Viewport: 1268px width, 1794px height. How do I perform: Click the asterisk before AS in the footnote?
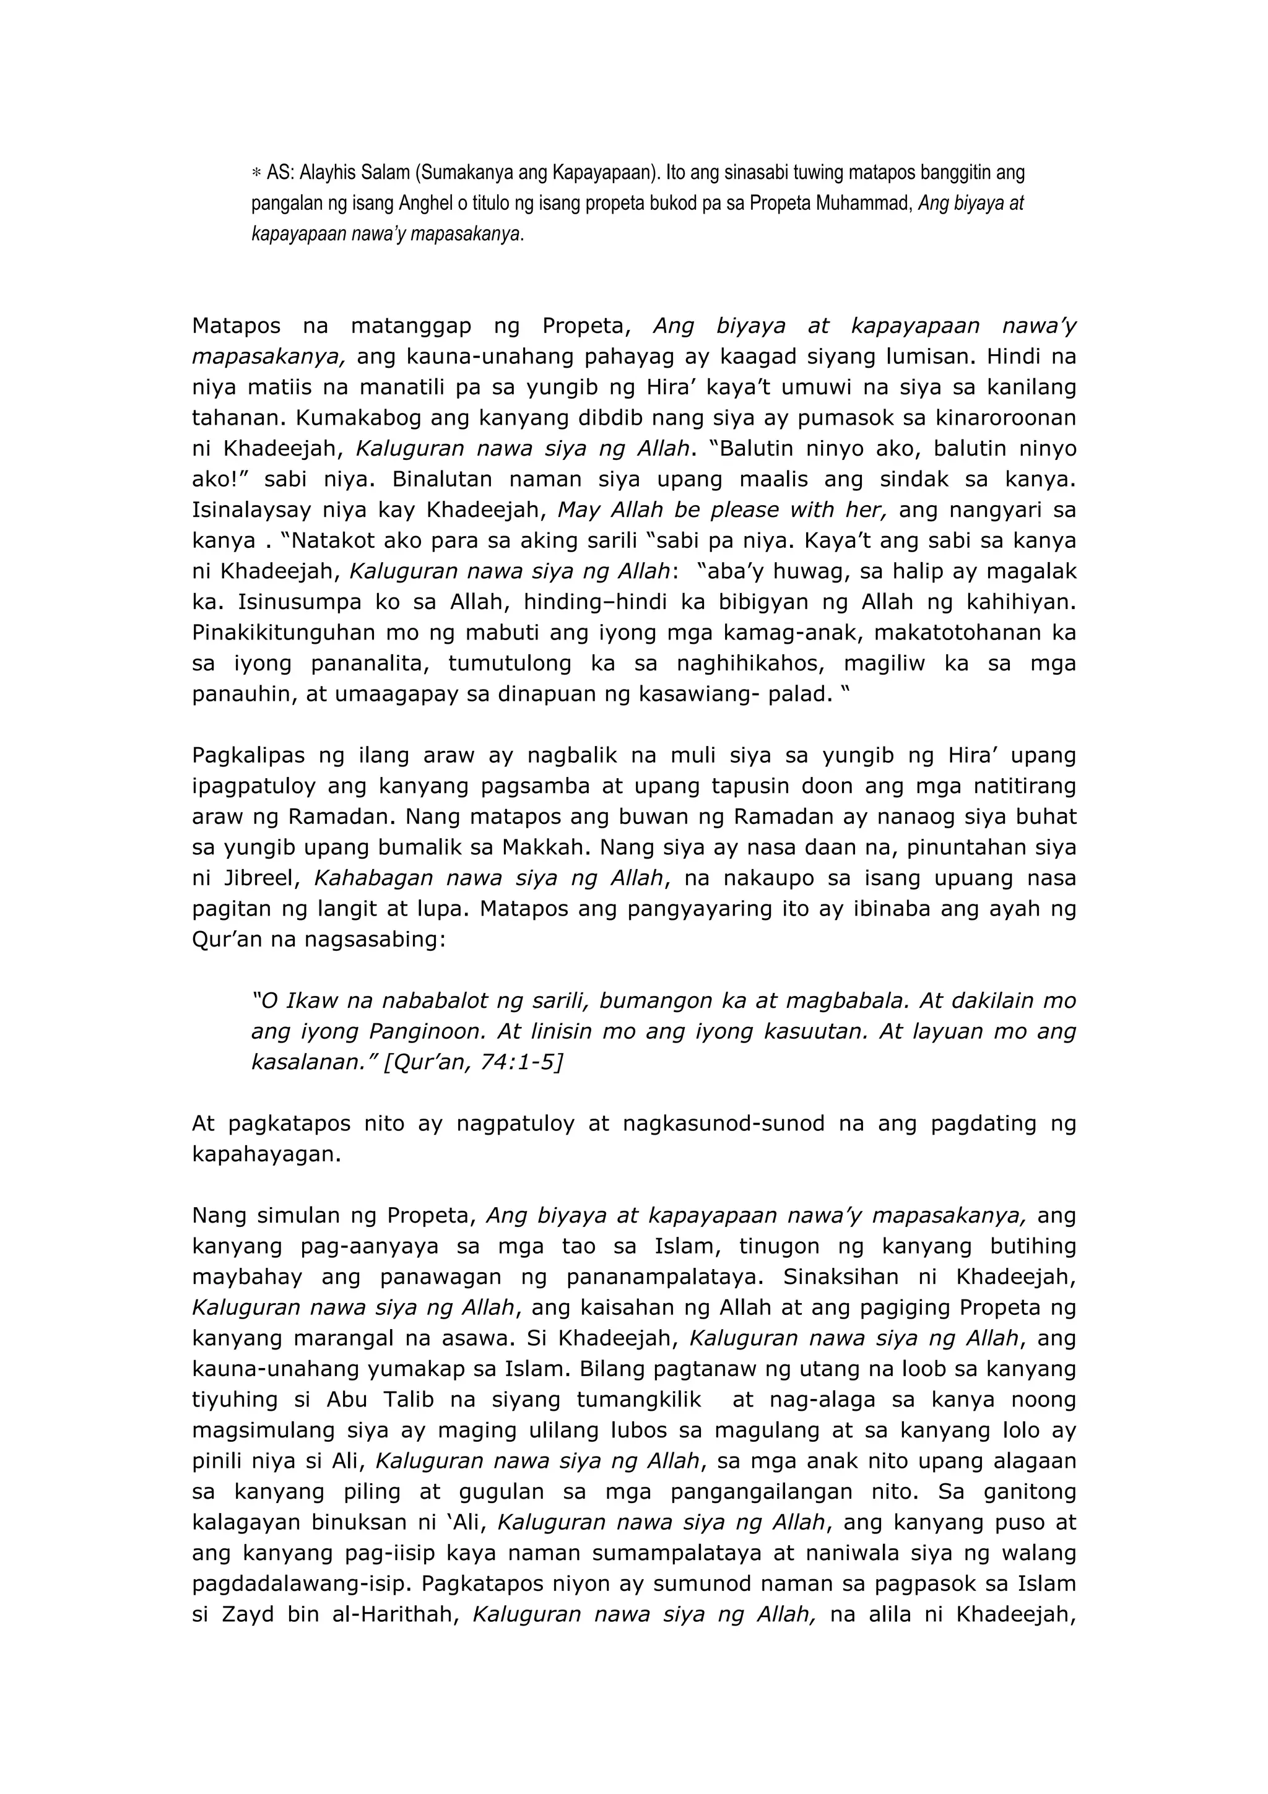(256, 173)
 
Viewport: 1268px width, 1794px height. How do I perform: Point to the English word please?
(731, 510)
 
